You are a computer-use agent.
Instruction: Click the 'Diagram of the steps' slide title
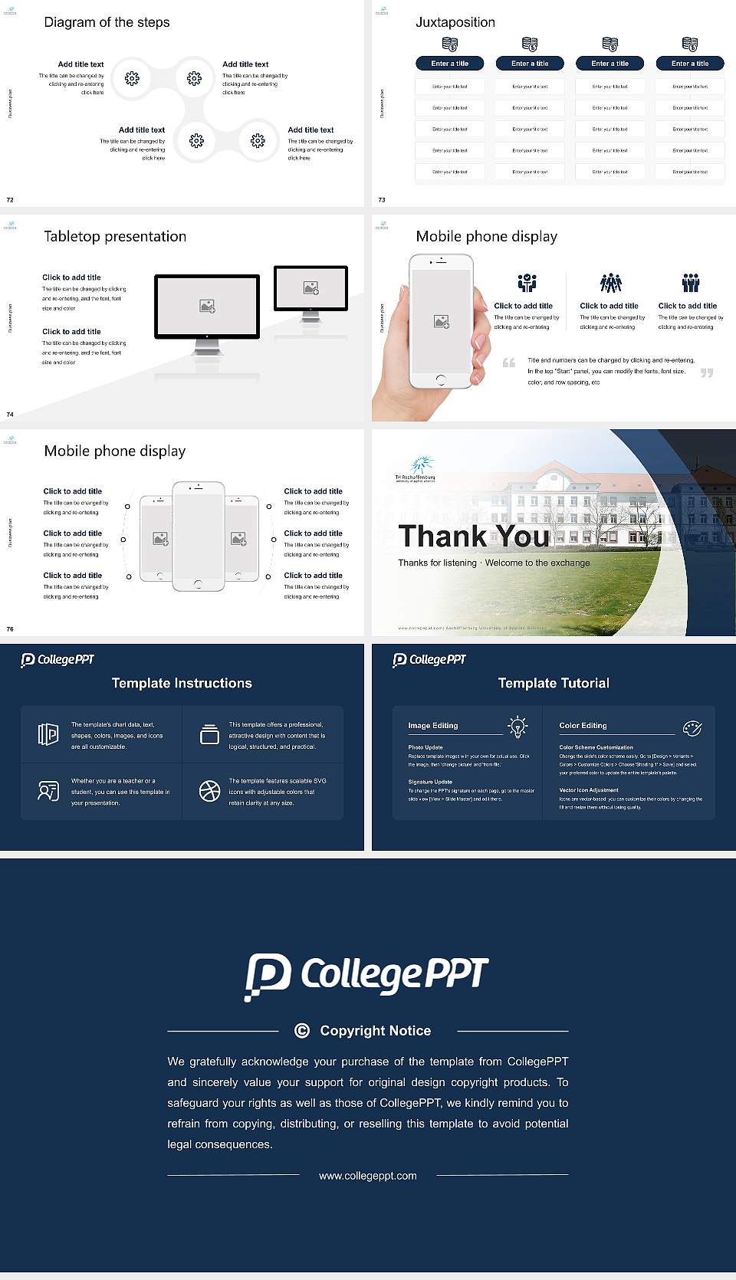107,22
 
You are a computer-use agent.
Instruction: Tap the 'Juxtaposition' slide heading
455,22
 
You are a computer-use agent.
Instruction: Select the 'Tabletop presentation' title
115,237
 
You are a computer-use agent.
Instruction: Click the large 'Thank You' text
474,537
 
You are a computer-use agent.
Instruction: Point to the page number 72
10,200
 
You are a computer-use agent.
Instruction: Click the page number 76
10,629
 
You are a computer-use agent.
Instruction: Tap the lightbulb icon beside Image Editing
517,727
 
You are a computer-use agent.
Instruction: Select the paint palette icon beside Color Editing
692,727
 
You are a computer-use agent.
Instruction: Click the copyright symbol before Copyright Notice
302,1031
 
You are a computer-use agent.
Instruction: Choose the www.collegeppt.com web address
368,1176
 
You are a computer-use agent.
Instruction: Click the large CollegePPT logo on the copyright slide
366,976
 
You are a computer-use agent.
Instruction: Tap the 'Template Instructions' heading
182,683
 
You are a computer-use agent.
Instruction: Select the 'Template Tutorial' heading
554,683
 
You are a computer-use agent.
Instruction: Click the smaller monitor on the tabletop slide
310,289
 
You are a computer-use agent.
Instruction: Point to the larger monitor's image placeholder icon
207,306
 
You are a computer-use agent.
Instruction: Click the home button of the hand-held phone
440,379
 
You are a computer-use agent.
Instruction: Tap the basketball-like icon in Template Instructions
209,791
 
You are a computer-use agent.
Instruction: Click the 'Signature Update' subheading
430,782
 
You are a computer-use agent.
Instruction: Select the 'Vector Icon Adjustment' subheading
589,789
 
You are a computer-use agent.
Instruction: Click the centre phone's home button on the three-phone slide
198,585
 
